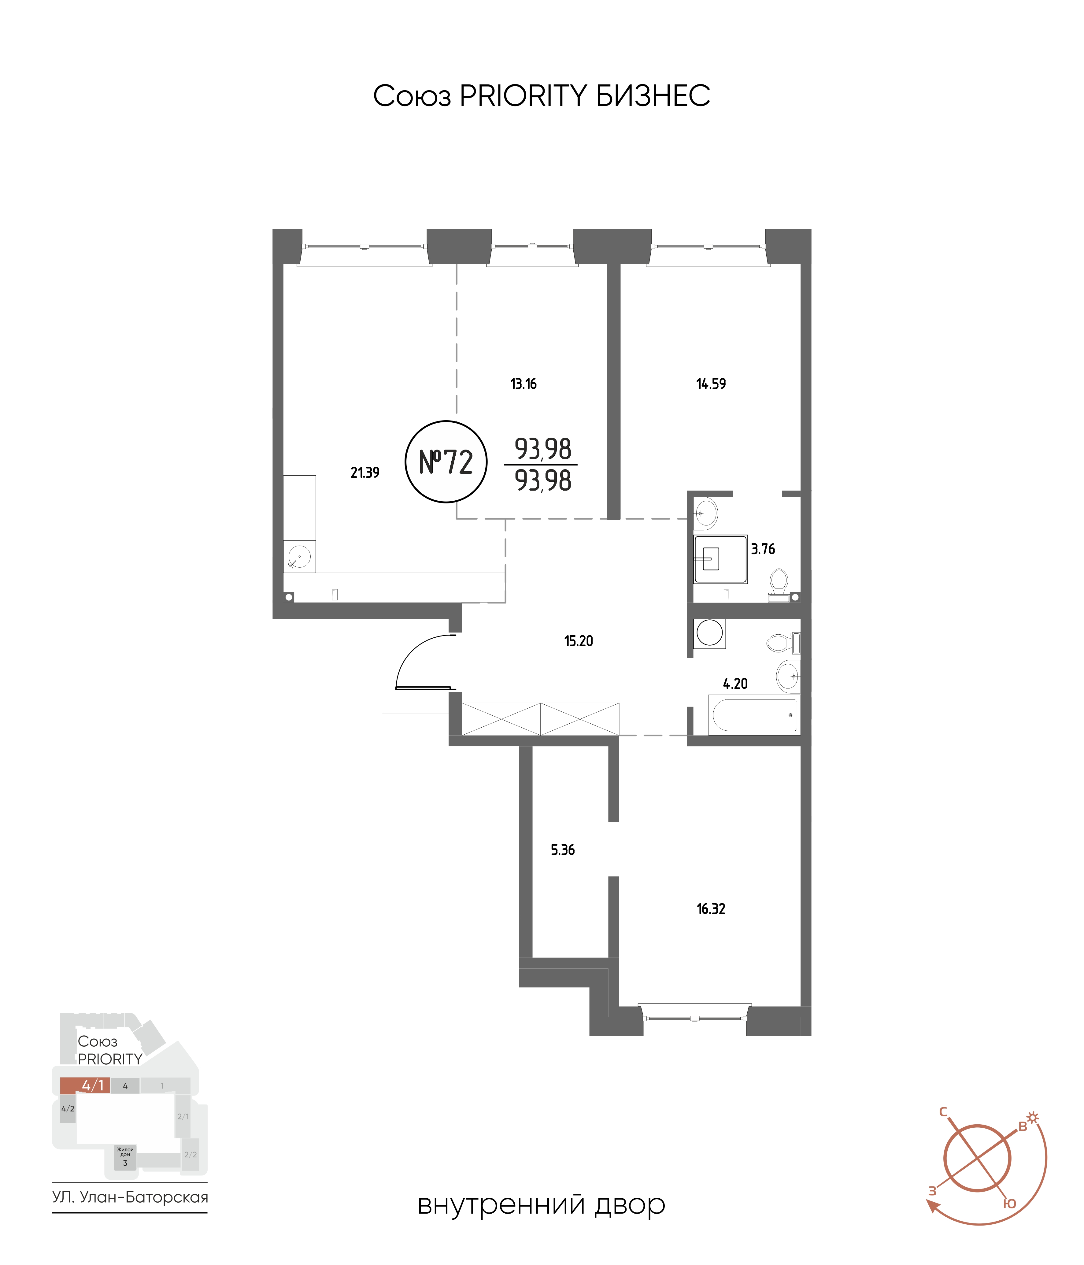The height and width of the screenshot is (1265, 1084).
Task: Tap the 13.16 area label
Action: pyautogui.click(x=523, y=384)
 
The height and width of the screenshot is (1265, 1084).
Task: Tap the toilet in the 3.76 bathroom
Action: pyautogui.click(x=779, y=585)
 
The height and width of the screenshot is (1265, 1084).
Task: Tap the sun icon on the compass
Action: pyautogui.click(x=1033, y=1118)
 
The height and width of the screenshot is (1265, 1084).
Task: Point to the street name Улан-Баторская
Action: pyautogui.click(x=144, y=1197)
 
